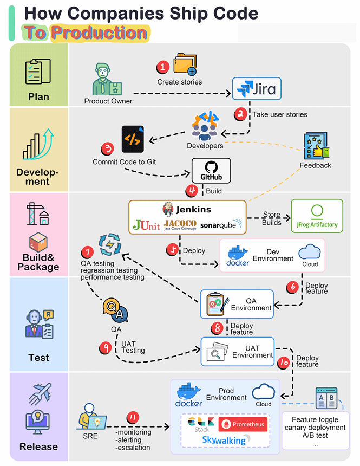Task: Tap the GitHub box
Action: [211, 171]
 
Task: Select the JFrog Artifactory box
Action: [317, 216]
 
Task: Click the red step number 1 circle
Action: [163, 67]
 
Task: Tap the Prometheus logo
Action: [243, 424]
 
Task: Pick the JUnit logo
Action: [147, 224]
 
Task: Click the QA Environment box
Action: [237, 304]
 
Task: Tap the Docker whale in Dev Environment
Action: [238, 255]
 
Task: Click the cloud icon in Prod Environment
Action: [264, 394]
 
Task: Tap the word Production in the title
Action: [99, 33]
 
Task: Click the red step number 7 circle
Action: [86, 252]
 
